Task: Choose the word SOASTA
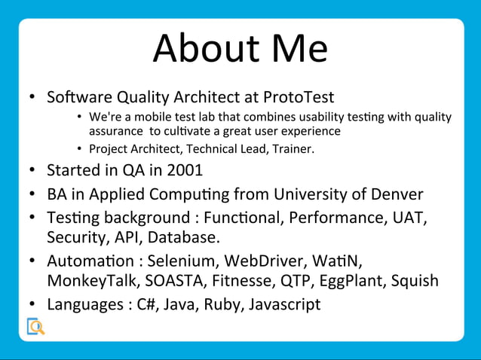click(175, 281)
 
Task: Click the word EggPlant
click(352, 282)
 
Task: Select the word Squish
click(413, 282)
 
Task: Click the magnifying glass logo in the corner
click(35, 327)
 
